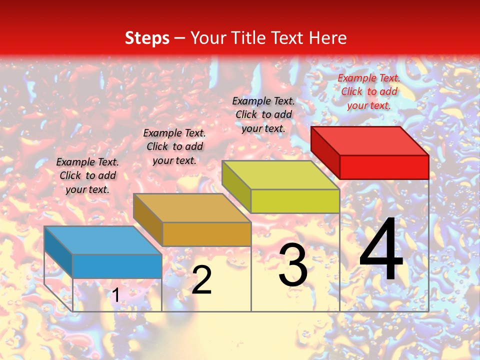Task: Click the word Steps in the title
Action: point(147,38)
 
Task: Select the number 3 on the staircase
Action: point(293,265)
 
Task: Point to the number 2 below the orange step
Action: point(201,280)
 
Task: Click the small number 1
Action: point(115,295)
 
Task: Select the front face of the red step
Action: point(384,167)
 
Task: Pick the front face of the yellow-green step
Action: point(295,201)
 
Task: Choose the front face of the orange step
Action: point(206,234)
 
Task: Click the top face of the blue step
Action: point(103,240)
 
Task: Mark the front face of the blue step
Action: point(117,266)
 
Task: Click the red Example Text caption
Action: point(369,91)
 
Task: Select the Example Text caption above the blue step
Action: point(87,175)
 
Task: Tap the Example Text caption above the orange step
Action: point(174,146)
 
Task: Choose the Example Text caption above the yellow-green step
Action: point(263,114)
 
